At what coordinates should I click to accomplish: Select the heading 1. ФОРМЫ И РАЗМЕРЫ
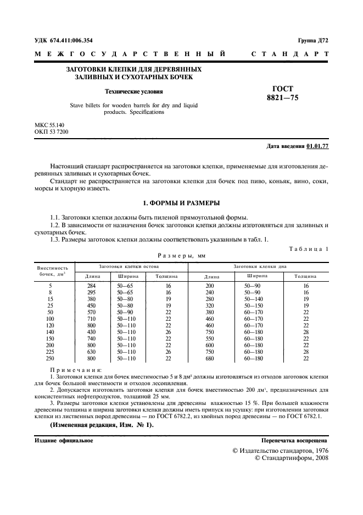[x=181, y=203]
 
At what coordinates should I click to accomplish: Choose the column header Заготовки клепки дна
[x=260, y=266]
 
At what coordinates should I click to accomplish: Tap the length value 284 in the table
[x=92, y=286]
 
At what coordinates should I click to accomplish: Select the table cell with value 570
[x=92, y=312]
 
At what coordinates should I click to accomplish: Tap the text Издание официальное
[x=64, y=441]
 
